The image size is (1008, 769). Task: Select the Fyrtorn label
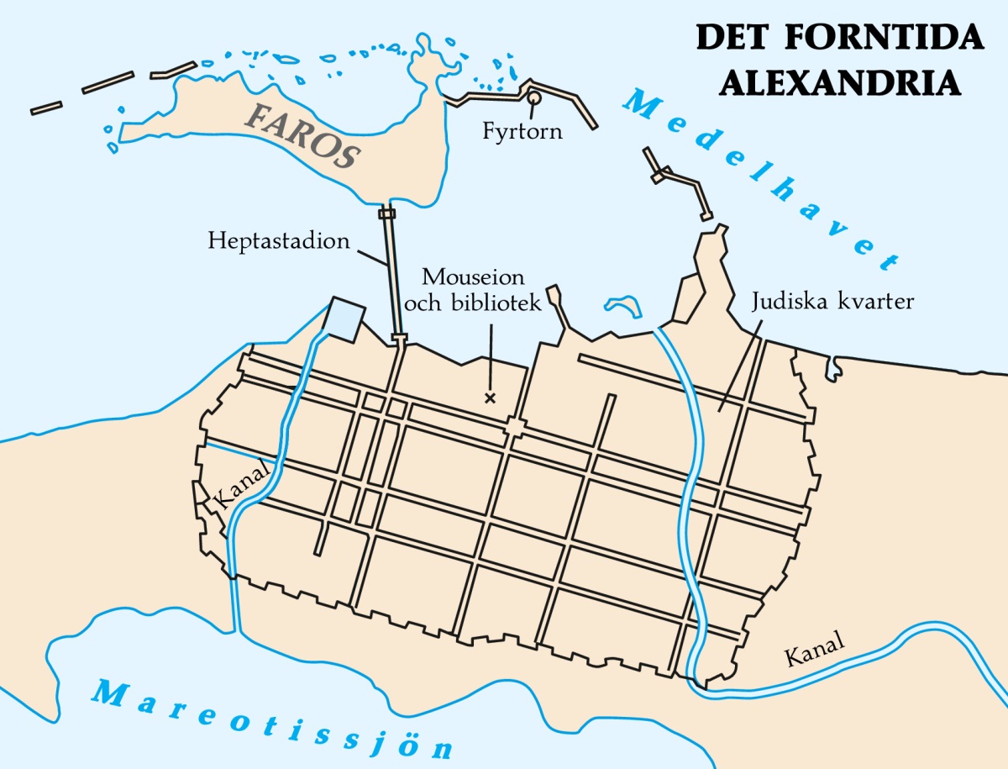tap(522, 133)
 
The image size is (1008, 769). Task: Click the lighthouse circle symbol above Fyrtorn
tap(533, 98)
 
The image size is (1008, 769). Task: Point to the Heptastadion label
tap(279, 242)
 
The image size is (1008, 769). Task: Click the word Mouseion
tap(473, 277)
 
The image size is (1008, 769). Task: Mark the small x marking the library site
tap(490, 398)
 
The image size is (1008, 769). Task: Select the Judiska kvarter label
tap(832, 301)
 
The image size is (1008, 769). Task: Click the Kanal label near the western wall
tap(241, 486)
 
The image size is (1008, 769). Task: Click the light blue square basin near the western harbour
tap(344, 319)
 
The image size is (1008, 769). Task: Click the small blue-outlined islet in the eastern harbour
tap(622, 304)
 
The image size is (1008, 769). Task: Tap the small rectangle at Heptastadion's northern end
tap(386, 213)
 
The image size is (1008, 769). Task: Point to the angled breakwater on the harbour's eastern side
tap(680, 181)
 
